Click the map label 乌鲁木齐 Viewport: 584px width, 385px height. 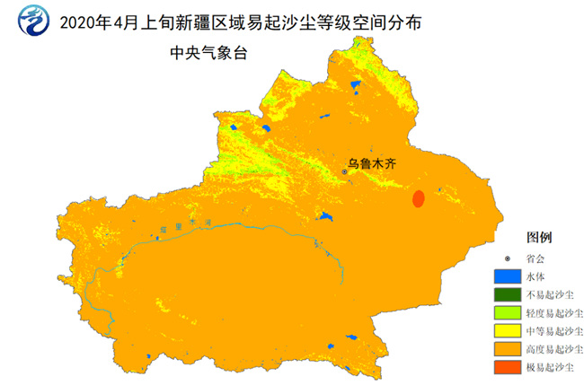click(x=372, y=164)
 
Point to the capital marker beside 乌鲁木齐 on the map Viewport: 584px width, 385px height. click(x=343, y=171)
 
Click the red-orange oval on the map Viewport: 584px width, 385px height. click(x=418, y=198)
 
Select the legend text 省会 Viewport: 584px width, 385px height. click(x=538, y=258)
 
